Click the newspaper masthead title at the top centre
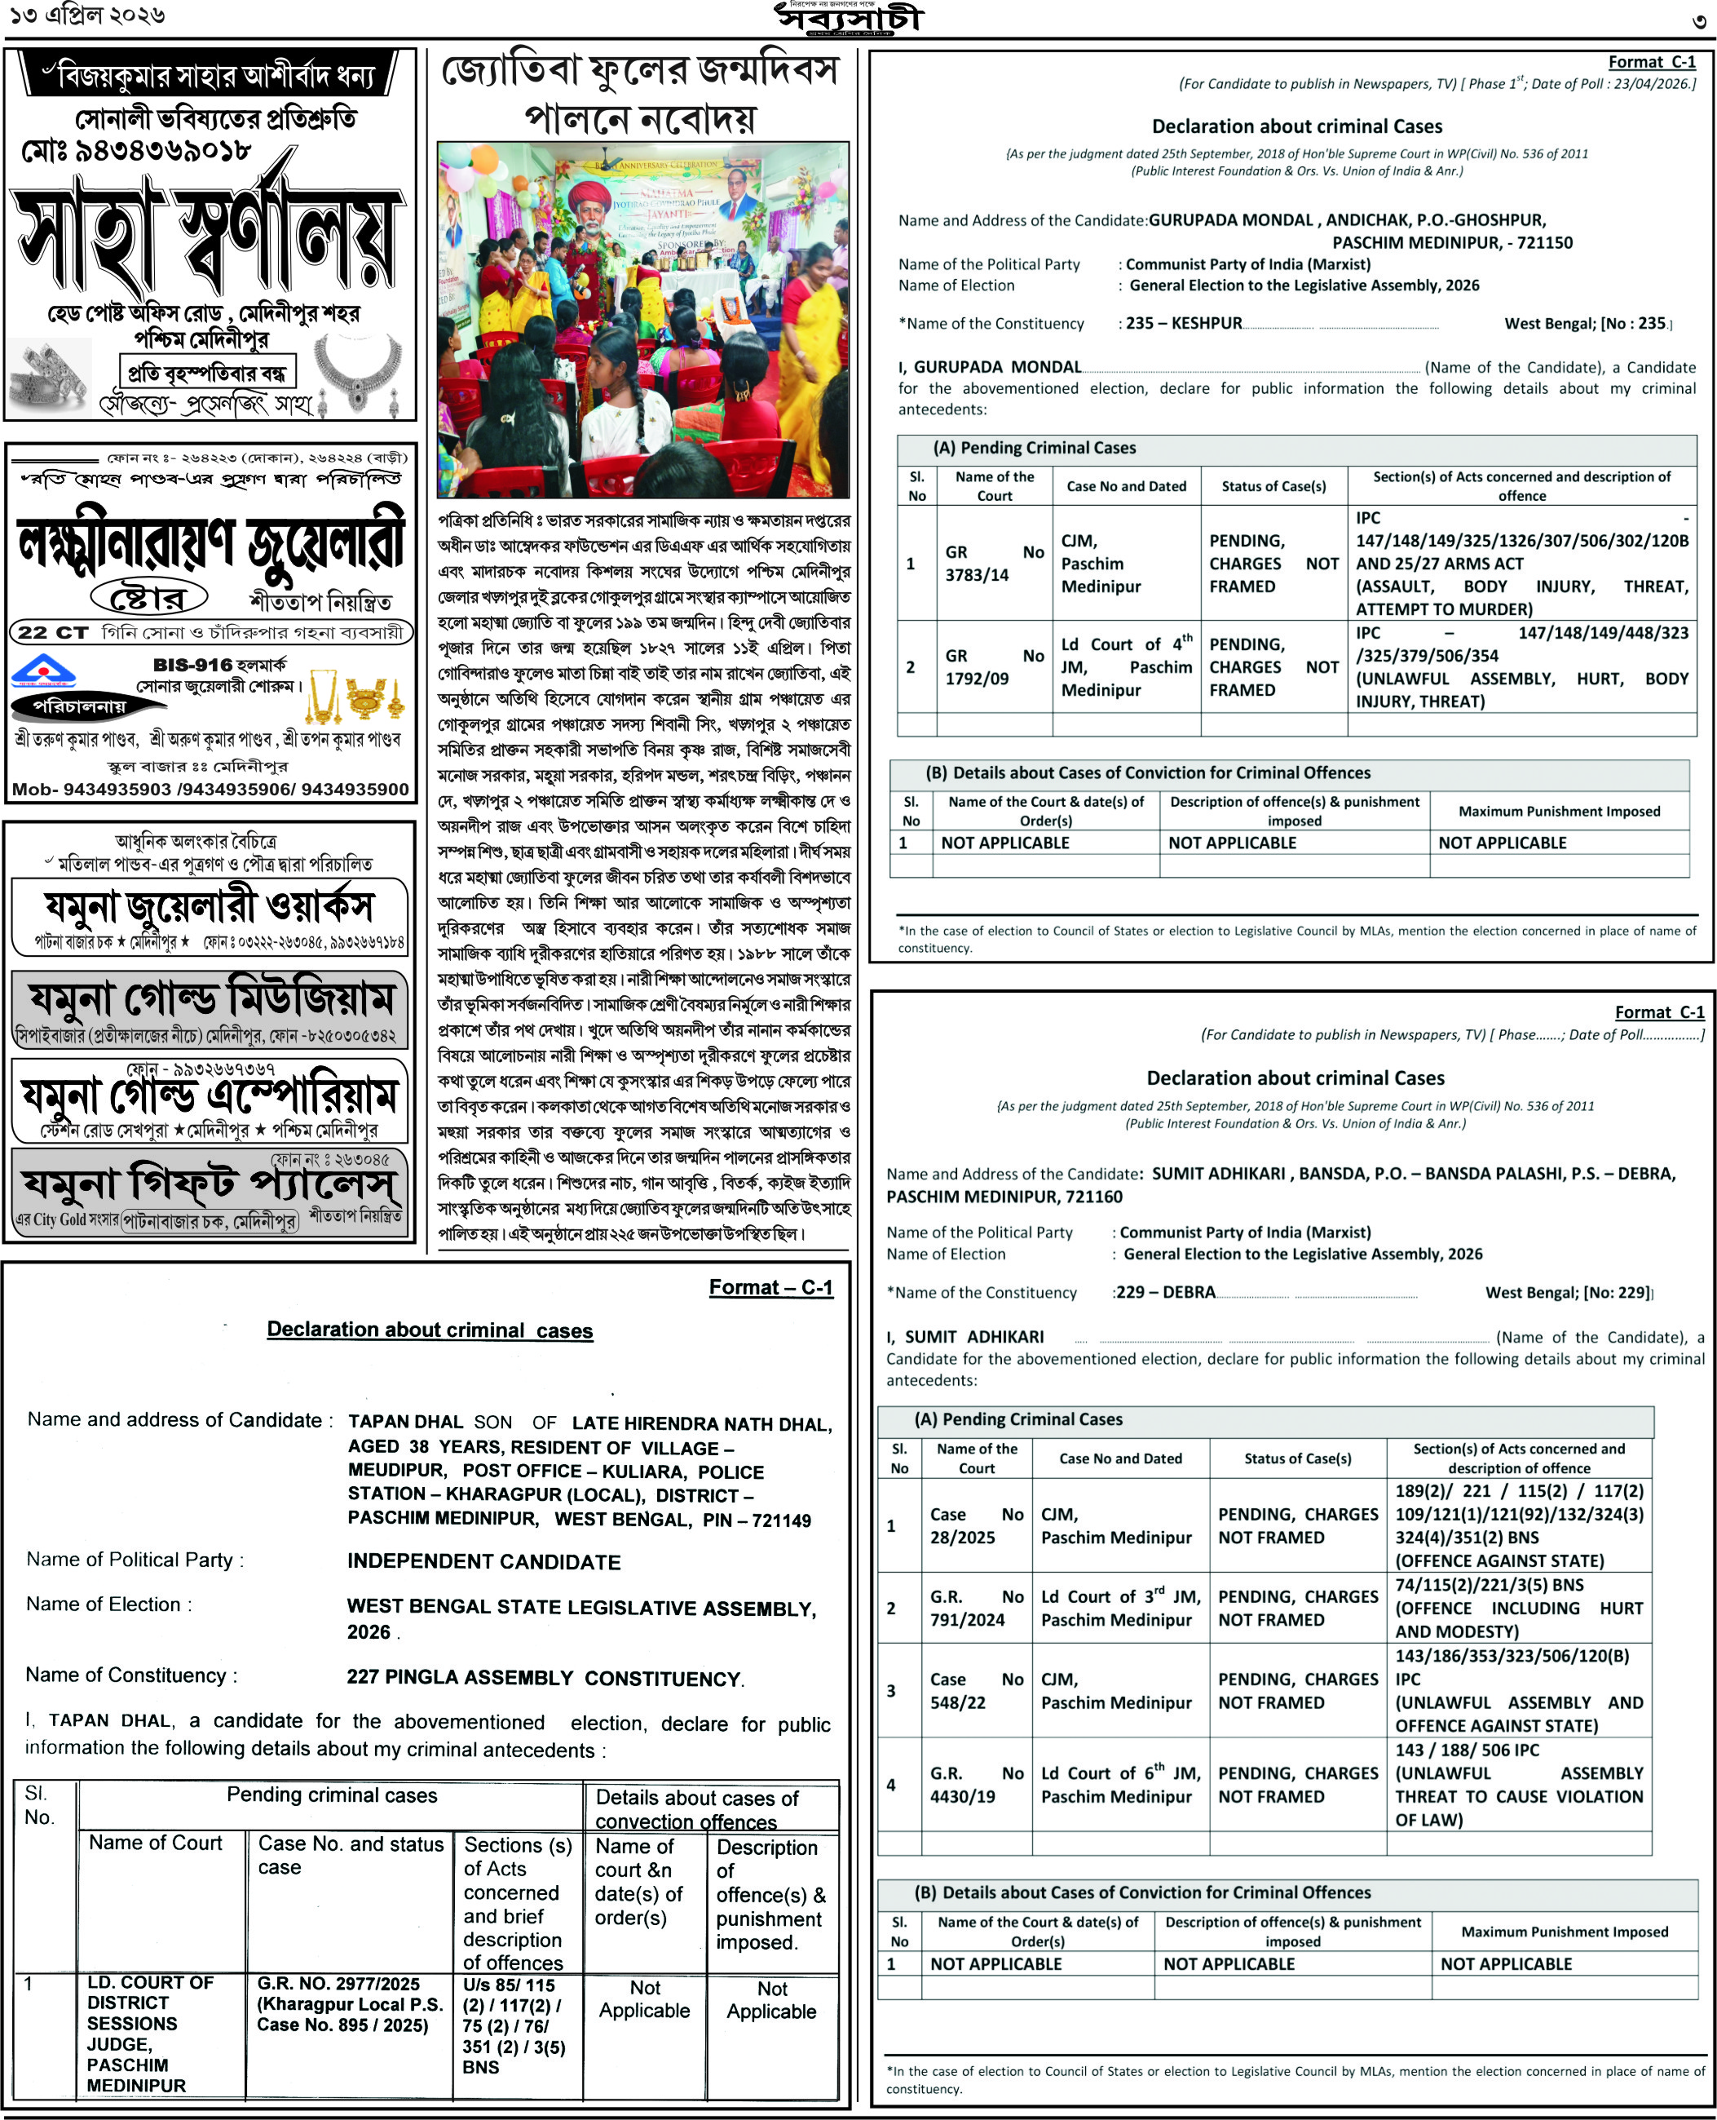pos(849,19)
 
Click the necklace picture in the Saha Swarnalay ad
pos(357,370)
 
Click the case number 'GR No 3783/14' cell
pos(994,563)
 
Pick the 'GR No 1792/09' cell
pos(994,666)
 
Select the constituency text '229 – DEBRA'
pos(1165,1292)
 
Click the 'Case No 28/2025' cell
pos(975,1525)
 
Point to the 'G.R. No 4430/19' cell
pos(975,1785)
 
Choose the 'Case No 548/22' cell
pos(975,1691)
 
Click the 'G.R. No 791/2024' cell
pos(975,1608)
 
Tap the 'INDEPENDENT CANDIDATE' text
pos(483,1561)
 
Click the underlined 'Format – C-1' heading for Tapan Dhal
pos(770,1287)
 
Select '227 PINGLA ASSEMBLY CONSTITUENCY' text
pos(544,1678)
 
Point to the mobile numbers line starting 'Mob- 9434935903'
pos(210,790)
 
